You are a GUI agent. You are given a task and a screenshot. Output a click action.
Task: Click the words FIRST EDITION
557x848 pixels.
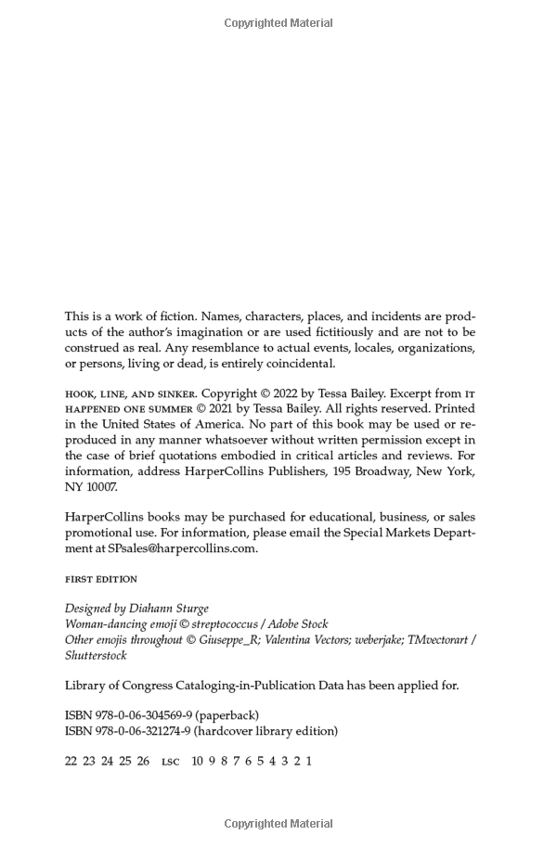(x=100, y=579)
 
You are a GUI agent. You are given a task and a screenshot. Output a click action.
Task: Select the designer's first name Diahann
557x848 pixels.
(x=153, y=609)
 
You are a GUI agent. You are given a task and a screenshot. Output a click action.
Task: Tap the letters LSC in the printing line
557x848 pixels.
(x=170, y=761)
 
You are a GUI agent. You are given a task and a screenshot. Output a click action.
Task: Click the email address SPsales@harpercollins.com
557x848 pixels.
(x=182, y=548)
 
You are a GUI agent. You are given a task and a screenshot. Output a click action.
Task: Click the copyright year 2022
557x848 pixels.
(x=299, y=393)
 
